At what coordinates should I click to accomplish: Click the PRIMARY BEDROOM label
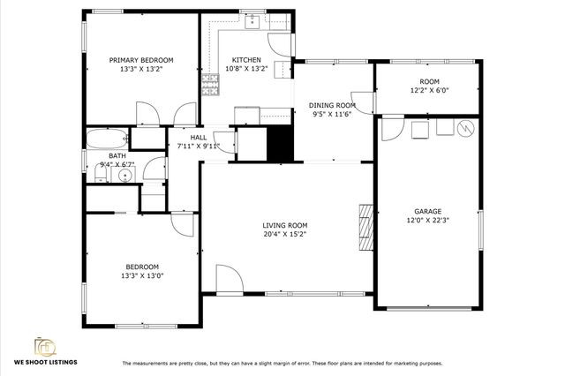click(141, 60)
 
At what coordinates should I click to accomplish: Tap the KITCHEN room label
click(222, 60)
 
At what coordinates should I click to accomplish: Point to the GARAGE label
click(428, 212)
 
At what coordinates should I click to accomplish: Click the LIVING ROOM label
click(285, 225)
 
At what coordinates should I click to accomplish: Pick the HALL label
click(199, 137)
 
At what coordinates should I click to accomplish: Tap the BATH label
click(93, 154)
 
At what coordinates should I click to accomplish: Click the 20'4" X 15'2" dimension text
click(285, 236)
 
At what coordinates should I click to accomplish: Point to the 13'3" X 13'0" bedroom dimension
click(141, 275)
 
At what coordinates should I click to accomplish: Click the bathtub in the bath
click(106, 139)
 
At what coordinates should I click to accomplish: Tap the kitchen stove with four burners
click(211, 85)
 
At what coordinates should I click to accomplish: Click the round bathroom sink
click(124, 174)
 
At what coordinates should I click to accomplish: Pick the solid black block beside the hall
click(279, 143)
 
